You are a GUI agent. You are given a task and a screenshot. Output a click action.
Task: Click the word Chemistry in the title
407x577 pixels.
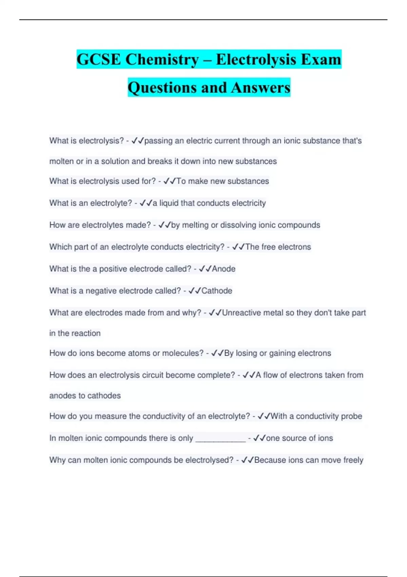tap(162, 59)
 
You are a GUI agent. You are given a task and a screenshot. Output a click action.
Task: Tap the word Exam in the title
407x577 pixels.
tap(321, 59)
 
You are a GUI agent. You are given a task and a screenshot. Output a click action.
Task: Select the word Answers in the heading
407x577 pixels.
tap(261, 88)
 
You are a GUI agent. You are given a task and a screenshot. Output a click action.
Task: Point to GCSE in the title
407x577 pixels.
tap(99, 59)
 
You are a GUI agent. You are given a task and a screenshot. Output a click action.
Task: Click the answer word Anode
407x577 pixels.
tap(224, 269)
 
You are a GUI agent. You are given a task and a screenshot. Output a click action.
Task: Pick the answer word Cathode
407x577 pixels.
tap(217, 291)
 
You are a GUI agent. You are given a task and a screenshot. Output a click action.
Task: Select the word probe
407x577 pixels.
tap(351, 416)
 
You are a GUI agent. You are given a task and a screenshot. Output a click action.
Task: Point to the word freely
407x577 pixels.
tap(353, 460)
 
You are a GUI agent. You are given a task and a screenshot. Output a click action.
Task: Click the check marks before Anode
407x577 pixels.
tap(205, 269)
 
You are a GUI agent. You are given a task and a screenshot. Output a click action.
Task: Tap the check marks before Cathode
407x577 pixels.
tap(195, 291)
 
